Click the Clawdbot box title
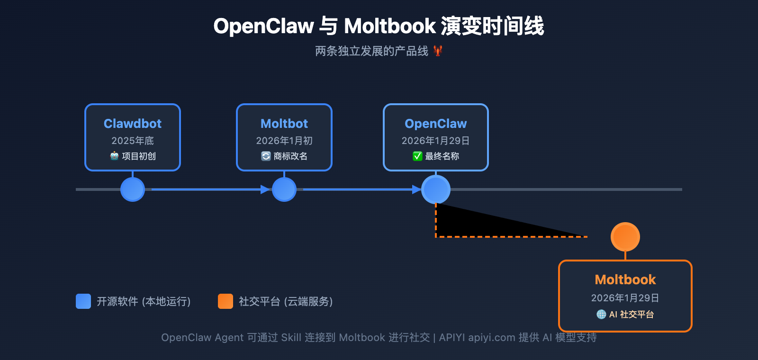tap(133, 124)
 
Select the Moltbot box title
tap(284, 124)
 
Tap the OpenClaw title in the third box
tap(436, 124)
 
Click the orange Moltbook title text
tap(625, 279)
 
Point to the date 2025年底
tap(133, 141)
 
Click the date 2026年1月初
tap(284, 141)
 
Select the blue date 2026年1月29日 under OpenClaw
tap(436, 141)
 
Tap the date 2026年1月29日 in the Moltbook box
tap(625, 298)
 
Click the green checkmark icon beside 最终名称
tap(417, 156)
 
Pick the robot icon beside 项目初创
tap(114, 156)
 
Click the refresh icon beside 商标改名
tap(266, 156)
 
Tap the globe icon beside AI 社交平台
tap(601, 314)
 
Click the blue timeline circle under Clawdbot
tap(133, 189)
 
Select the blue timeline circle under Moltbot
tap(284, 189)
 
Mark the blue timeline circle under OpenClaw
tap(436, 189)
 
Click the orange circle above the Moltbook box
tap(625, 237)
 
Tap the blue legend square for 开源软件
tap(83, 301)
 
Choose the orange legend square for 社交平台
tap(226, 301)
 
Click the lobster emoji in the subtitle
tap(438, 51)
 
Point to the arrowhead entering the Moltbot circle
tap(265, 189)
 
